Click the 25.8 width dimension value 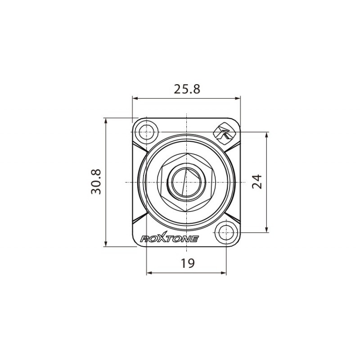187,89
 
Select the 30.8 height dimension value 96,182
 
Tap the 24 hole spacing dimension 257,182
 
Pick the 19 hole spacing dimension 187,263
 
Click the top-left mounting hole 147,132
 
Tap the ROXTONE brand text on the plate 169,239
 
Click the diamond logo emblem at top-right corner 223,131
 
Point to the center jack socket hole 186,182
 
